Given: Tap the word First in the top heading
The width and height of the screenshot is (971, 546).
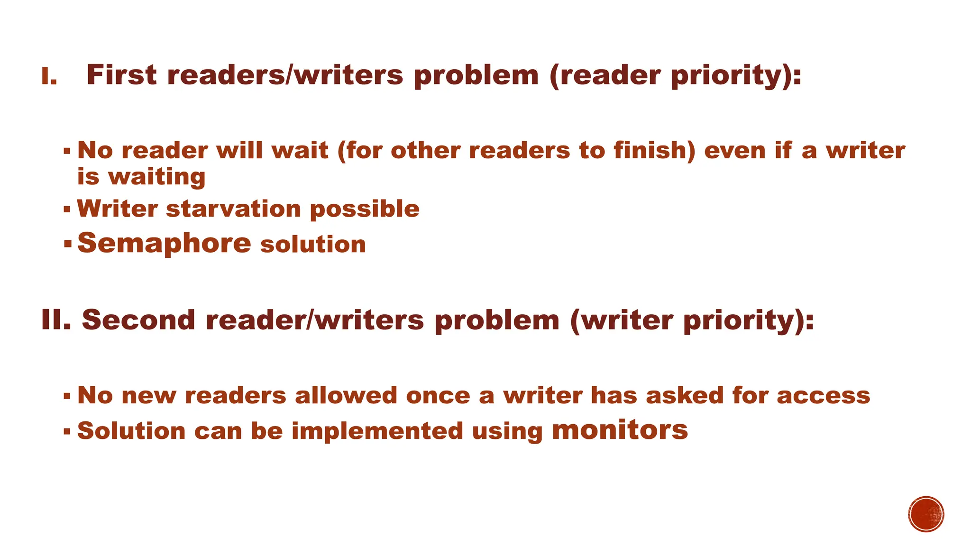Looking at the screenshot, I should click(121, 75).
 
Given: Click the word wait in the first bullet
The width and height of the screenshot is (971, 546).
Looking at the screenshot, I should click(300, 151).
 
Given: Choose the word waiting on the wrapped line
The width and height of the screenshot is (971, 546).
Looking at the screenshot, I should click(157, 177).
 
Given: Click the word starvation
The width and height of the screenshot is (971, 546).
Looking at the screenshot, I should click(233, 209).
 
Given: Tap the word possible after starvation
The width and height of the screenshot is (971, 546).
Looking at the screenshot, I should click(365, 209).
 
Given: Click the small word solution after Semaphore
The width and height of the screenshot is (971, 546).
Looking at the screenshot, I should click(313, 245).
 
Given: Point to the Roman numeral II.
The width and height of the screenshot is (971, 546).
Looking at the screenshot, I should click(56, 320).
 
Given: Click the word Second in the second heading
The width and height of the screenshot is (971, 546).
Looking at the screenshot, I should click(138, 320).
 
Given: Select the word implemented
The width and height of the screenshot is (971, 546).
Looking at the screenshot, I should click(377, 431).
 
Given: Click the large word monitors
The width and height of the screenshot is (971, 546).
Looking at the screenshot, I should click(620, 429).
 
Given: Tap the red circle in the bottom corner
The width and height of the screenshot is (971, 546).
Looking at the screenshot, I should click(926, 514).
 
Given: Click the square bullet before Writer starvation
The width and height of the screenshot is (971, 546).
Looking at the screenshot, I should click(67, 209).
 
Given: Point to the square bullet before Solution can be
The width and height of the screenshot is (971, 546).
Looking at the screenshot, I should click(67, 431).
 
